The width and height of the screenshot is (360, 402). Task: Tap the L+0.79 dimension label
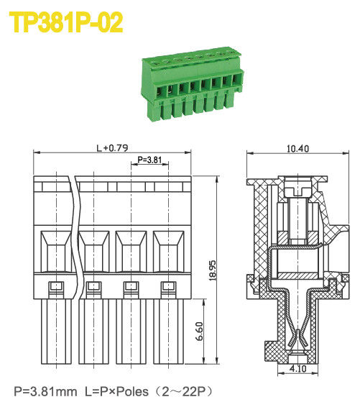[111, 148]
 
